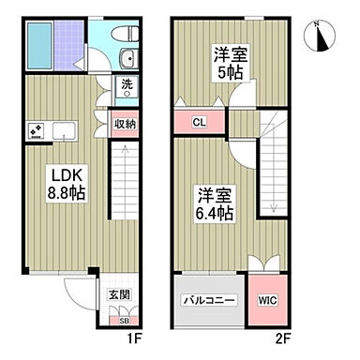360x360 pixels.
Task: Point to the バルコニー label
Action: [x=208, y=301]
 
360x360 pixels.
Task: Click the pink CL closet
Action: [x=200, y=123]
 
